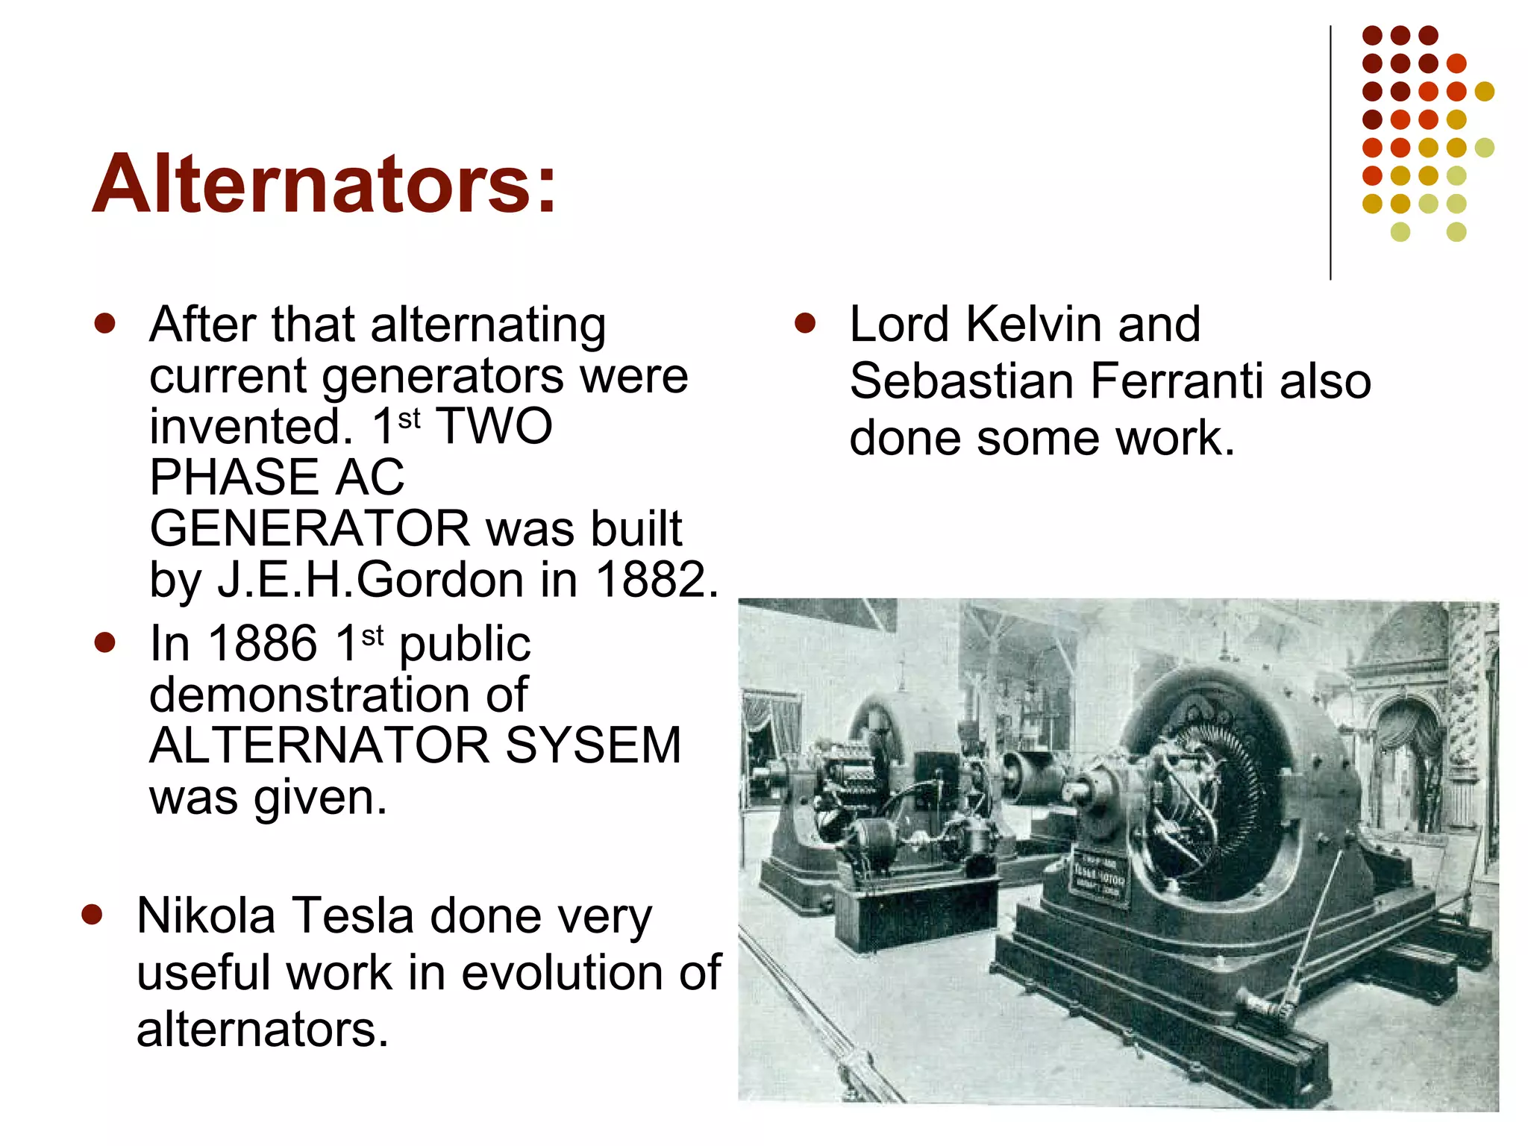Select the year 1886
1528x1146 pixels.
[263, 644]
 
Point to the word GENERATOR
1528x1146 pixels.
[310, 529]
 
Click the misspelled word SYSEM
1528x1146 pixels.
[593, 745]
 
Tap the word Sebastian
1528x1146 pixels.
[962, 381]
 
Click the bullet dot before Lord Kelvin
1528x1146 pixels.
[805, 324]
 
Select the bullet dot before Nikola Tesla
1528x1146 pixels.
[92, 915]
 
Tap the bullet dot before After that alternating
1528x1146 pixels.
[105, 324]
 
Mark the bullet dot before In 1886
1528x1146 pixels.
[105, 642]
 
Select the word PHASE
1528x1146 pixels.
[236, 477]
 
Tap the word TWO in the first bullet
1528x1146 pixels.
[494, 427]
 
